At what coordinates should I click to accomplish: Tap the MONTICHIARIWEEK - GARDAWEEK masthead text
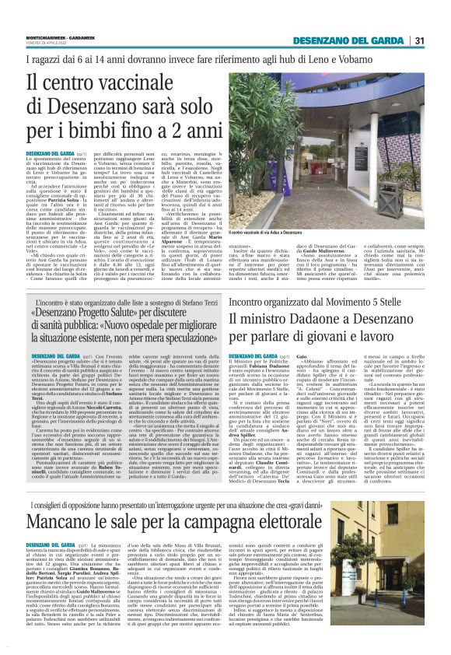click(55, 36)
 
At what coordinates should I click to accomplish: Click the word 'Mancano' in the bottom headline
click(64, 484)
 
